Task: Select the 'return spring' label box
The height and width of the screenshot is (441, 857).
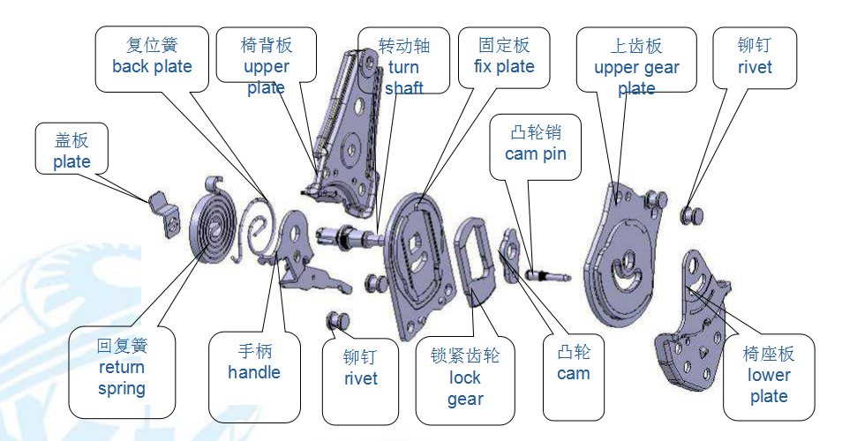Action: coord(122,367)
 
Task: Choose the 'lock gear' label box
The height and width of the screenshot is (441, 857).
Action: coord(464,377)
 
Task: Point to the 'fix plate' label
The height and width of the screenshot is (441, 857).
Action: coord(504,56)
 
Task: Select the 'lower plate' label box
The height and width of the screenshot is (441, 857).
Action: coord(768,375)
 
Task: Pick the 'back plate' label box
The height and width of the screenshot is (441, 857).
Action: coord(152,56)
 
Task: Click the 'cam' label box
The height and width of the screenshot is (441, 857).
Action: coord(573,363)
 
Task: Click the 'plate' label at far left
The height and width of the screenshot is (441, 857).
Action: coord(71,151)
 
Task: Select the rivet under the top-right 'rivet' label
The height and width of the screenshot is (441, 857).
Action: coord(692,214)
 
